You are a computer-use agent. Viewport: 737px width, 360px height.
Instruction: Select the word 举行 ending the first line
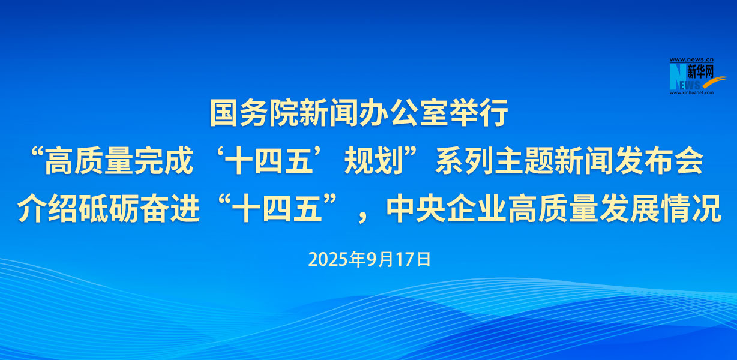coord(479,113)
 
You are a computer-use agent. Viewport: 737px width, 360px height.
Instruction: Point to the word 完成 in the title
coord(163,161)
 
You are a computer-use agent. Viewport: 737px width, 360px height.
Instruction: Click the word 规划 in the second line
coord(374,161)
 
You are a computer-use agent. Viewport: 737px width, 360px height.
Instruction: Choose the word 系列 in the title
coord(465,161)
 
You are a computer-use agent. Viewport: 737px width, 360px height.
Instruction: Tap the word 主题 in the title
coord(524,161)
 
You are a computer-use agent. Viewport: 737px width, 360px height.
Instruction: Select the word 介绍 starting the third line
coord(47,209)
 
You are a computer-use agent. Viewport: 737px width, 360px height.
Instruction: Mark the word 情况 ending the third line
coord(691,209)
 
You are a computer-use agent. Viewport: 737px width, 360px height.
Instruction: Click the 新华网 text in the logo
coord(700,71)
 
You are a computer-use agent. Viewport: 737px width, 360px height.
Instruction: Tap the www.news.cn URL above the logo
coord(691,60)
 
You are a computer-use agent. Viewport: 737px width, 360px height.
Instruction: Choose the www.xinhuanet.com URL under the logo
coord(691,93)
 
